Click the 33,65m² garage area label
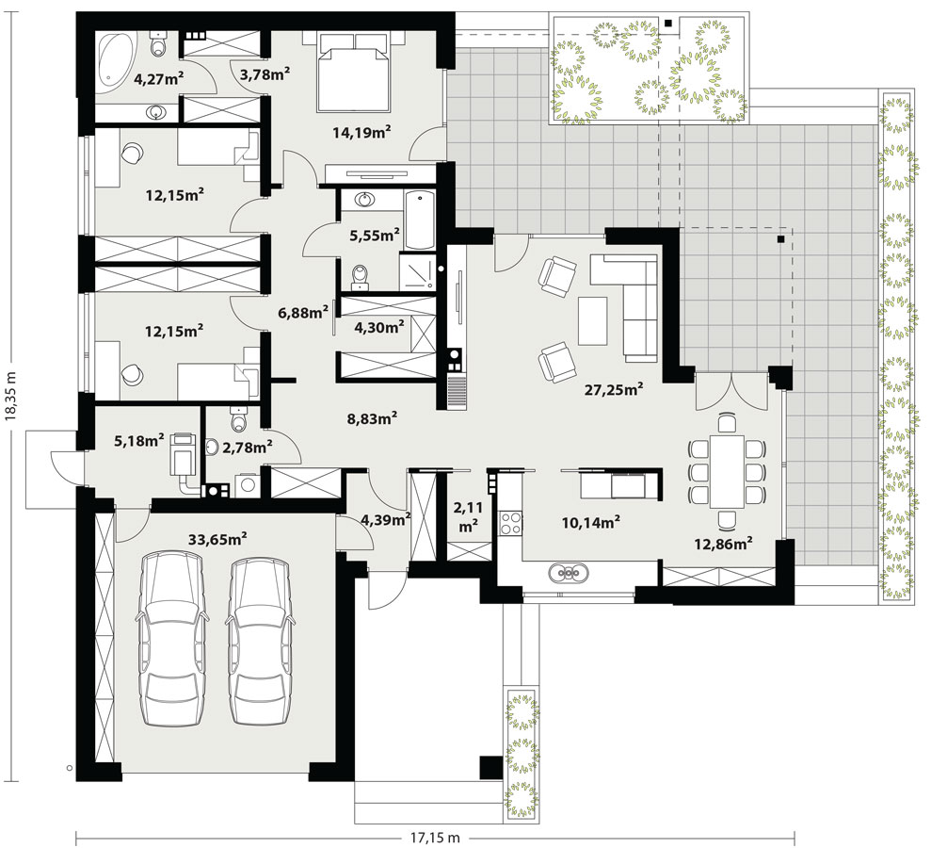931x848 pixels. [217, 540]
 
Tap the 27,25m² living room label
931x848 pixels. [614, 390]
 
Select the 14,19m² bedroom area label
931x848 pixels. [361, 133]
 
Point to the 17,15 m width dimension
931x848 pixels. [435, 838]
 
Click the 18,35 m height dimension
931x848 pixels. [9, 397]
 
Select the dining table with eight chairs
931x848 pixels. [727, 472]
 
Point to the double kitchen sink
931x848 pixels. [570, 573]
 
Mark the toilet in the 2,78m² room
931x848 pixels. [238, 419]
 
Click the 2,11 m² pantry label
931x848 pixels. [468, 517]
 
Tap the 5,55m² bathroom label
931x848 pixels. [374, 236]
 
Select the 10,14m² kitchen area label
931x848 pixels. [591, 522]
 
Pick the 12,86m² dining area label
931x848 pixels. [724, 544]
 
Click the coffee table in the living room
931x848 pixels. [592, 321]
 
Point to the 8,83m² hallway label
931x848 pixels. [372, 418]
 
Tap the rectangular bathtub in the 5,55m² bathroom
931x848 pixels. [420, 220]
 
